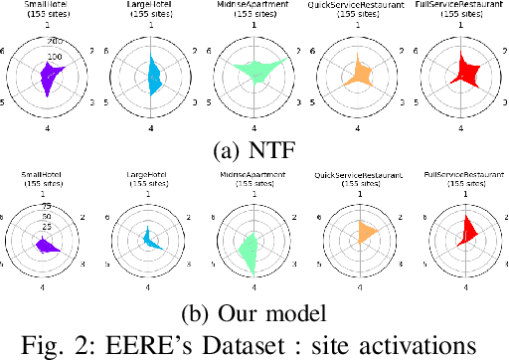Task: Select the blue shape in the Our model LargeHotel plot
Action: (149, 239)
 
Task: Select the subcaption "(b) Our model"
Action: (254, 311)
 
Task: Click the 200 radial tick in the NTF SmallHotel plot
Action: (54, 42)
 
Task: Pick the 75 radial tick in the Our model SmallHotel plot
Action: (46, 206)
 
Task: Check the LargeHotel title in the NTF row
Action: (149, 7)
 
